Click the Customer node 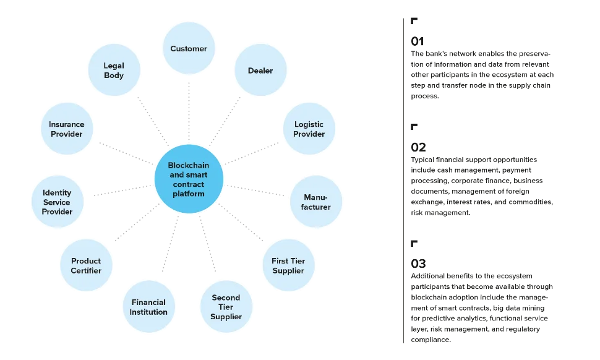tap(189, 49)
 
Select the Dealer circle tap(260, 71)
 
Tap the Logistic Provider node tap(309, 129)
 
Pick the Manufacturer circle tap(316, 202)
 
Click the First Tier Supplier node tap(288, 265)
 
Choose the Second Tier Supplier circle tap(226, 307)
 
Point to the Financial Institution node tap(148, 307)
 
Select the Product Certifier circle tap(86, 265)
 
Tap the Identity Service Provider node tap(57, 202)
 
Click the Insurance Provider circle tap(67, 129)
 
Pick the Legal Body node tap(114, 71)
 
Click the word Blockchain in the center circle tap(189, 166)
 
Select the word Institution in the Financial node tap(148, 312)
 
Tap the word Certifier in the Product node tap(86, 270)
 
